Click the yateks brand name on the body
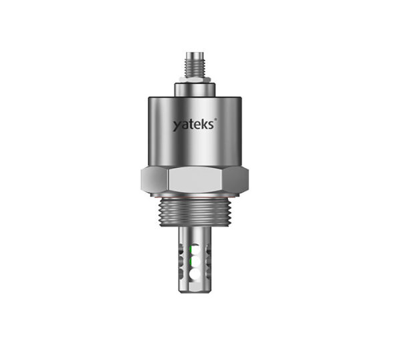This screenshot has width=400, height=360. [193, 124]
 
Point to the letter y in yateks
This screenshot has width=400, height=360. [177, 126]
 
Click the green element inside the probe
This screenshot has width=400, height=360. [191, 255]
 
